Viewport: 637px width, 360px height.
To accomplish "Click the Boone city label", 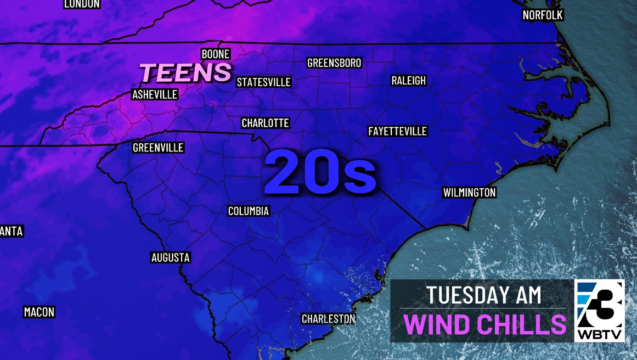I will coord(216,54).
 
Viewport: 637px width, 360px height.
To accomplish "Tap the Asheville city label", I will coord(155,94).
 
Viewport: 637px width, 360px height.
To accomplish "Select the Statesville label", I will coord(263,82).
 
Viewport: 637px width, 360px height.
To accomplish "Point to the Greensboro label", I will coord(334,63).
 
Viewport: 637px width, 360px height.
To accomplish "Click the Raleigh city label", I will coord(408,81).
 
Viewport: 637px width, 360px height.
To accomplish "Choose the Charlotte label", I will coord(265,123).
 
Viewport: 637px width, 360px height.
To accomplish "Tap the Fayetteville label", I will coord(397,131).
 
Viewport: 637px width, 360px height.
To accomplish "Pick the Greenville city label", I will coord(158,148).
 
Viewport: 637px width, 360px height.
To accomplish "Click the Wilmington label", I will coord(469,193).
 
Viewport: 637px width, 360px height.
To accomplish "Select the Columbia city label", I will coord(249,211).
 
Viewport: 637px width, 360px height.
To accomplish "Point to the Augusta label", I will coord(170,257).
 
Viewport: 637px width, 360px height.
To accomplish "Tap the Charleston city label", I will coord(329,318).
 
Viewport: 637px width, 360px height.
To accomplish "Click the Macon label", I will coord(39,312).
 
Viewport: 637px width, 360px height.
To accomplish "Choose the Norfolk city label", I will coord(543,15).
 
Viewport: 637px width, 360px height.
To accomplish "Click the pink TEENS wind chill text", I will coord(185,72).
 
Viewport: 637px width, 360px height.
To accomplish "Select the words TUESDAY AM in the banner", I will coord(484,295).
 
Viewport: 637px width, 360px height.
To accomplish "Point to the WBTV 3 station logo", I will coord(599,311).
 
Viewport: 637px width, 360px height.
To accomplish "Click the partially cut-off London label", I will coord(82,4).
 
